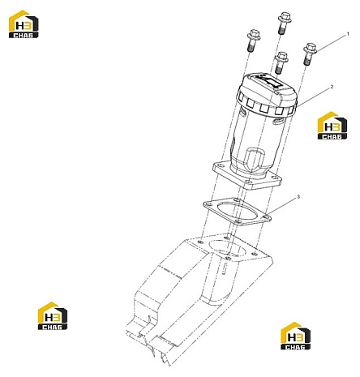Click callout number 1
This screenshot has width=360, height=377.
pyautogui.click(x=348, y=34)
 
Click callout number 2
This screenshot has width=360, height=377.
pyautogui.click(x=332, y=87)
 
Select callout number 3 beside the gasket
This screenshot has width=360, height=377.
pyautogui.click(x=298, y=197)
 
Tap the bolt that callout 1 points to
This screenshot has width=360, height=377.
pyautogui.click(x=310, y=54)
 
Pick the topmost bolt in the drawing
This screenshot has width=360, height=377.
pyautogui.click(x=284, y=24)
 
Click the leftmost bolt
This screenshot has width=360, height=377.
pyautogui.click(x=253, y=41)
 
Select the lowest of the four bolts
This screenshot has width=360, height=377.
pyautogui.click(x=281, y=62)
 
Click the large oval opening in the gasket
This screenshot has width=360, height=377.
pyautogui.click(x=238, y=212)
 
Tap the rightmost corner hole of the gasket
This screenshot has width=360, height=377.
pyautogui.click(x=266, y=217)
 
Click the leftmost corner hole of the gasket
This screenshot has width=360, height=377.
pyautogui.click(x=208, y=204)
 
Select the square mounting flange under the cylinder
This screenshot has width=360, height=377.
pyautogui.click(x=247, y=176)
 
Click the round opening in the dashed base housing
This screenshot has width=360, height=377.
pyautogui.click(x=227, y=248)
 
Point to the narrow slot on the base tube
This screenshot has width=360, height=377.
pyautogui.click(x=225, y=268)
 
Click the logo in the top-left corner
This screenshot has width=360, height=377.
pyautogui.click(x=24, y=24)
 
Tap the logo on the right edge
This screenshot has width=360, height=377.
pyautogui.click(x=332, y=126)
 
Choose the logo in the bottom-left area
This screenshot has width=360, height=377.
pyautogui.click(x=53, y=315)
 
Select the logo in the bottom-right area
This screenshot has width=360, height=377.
pyautogui.click(x=295, y=336)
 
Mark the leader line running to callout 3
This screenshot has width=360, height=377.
pyautogui.click(x=281, y=207)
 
